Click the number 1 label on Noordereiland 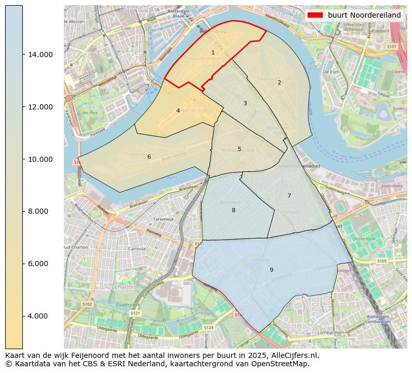pyautogui.click(x=213, y=53)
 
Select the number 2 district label pyautogui.click(x=279, y=82)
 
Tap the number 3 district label pyautogui.click(x=245, y=104)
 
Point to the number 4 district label pyautogui.click(x=178, y=110)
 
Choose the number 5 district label pyautogui.click(x=239, y=149)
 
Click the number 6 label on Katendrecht pyautogui.click(x=149, y=157)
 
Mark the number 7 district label pyautogui.click(x=289, y=196)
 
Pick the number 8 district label pyautogui.click(x=234, y=210)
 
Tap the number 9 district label pyautogui.click(x=271, y=270)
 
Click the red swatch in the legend pyautogui.click(x=315, y=16)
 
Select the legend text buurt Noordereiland pyautogui.click(x=364, y=16)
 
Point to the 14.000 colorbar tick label pyautogui.click(x=39, y=54)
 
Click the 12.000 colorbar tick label pyautogui.click(x=39, y=107)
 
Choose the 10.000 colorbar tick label pyautogui.click(x=39, y=159)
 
